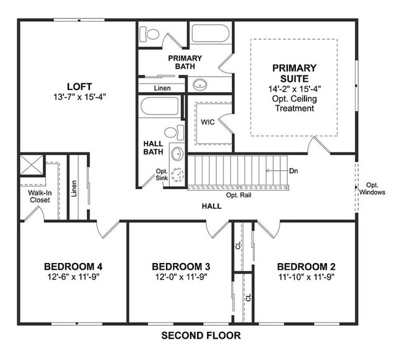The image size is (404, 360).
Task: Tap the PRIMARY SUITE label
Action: (x=294, y=73)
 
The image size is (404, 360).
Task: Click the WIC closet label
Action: (x=208, y=122)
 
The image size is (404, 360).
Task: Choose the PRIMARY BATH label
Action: (x=183, y=63)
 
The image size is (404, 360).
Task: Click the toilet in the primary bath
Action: (x=151, y=34)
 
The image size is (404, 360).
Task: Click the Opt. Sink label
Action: (x=162, y=175)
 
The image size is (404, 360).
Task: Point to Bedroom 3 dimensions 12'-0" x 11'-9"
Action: (x=180, y=277)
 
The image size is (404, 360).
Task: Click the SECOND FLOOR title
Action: (x=201, y=336)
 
